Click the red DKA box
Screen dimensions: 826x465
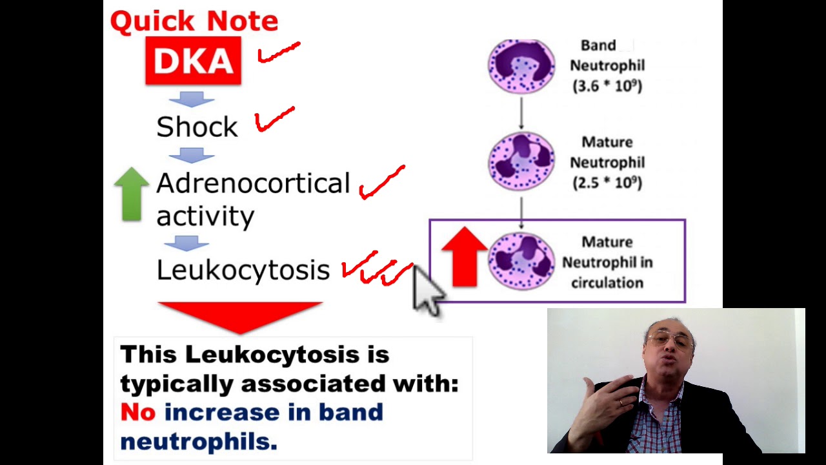point(193,61)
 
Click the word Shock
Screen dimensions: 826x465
point(197,127)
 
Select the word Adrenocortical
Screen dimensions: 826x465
point(253,183)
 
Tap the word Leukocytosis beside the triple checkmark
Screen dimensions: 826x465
point(243,269)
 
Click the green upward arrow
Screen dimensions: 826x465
point(132,194)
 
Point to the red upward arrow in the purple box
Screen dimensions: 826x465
point(464,256)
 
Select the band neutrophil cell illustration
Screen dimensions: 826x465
point(521,65)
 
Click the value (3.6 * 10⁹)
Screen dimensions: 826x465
point(607,85)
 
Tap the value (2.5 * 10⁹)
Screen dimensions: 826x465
point(607,183)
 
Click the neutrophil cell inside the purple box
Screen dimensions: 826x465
point(521,261)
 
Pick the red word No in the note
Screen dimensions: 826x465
point(137,412)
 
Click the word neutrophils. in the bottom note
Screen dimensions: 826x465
point(198,441)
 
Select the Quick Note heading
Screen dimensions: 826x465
point(194,21)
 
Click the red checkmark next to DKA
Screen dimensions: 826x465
point(279,53)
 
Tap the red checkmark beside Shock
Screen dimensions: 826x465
point(275,119)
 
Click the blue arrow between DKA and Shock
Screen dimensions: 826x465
point(191,99)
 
